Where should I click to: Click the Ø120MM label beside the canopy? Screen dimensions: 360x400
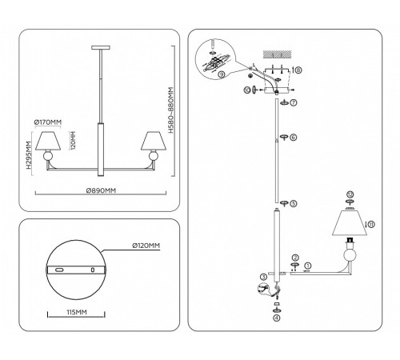tap(144, 245)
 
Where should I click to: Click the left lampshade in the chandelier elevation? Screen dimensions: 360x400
tap(49, 141)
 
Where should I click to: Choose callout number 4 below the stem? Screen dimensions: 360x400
tap(276, 318)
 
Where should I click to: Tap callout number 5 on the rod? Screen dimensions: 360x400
tap(294, 203)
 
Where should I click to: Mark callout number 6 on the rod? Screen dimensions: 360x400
tap(294, 138)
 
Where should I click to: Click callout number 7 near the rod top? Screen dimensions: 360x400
tap(294, 103)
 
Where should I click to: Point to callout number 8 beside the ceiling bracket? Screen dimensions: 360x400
tap(298, 70)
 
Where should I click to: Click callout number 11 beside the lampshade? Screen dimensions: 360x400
tap(368, 225)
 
